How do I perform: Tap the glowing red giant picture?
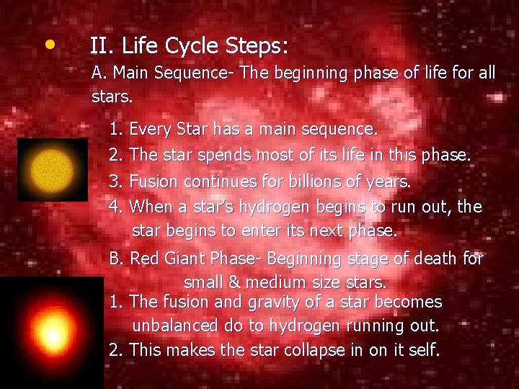(x=51, y=332)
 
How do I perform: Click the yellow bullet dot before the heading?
(x=48, y=45)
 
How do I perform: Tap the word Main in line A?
(x=130, y=73)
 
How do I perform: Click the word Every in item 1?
(x=148, y=130)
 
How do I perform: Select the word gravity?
(x=262, y=303)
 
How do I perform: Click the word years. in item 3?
(x=388, y=182)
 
